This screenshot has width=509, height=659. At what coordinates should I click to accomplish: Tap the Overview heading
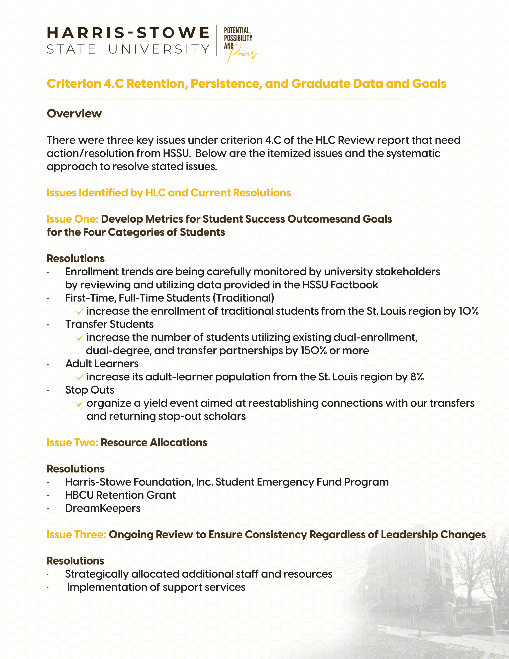coord(74,113)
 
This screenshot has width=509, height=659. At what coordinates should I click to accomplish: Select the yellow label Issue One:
coord(73,219)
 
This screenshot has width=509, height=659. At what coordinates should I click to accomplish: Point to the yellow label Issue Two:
coord(72,443)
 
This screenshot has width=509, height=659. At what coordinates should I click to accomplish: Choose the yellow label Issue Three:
coord(76,535)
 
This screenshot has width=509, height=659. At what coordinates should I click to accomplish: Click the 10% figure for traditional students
coord(469,311)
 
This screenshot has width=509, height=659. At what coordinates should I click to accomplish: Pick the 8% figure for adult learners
coord(417,377)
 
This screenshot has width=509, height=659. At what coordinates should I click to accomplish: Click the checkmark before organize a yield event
coord(80,403)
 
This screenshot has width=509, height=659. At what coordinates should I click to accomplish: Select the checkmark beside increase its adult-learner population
coord(80,377)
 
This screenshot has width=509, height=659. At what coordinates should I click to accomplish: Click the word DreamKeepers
coord(103,508)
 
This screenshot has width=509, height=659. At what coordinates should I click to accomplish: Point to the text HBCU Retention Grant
coord(120,495)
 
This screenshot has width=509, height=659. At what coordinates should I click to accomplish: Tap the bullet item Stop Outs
coord(90,390)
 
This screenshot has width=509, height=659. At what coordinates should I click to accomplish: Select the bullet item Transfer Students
coord(109,324)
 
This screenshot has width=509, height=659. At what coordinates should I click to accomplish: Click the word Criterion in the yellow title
coord(74,84)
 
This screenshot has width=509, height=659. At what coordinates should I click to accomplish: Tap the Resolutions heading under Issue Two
coord(76,469)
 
